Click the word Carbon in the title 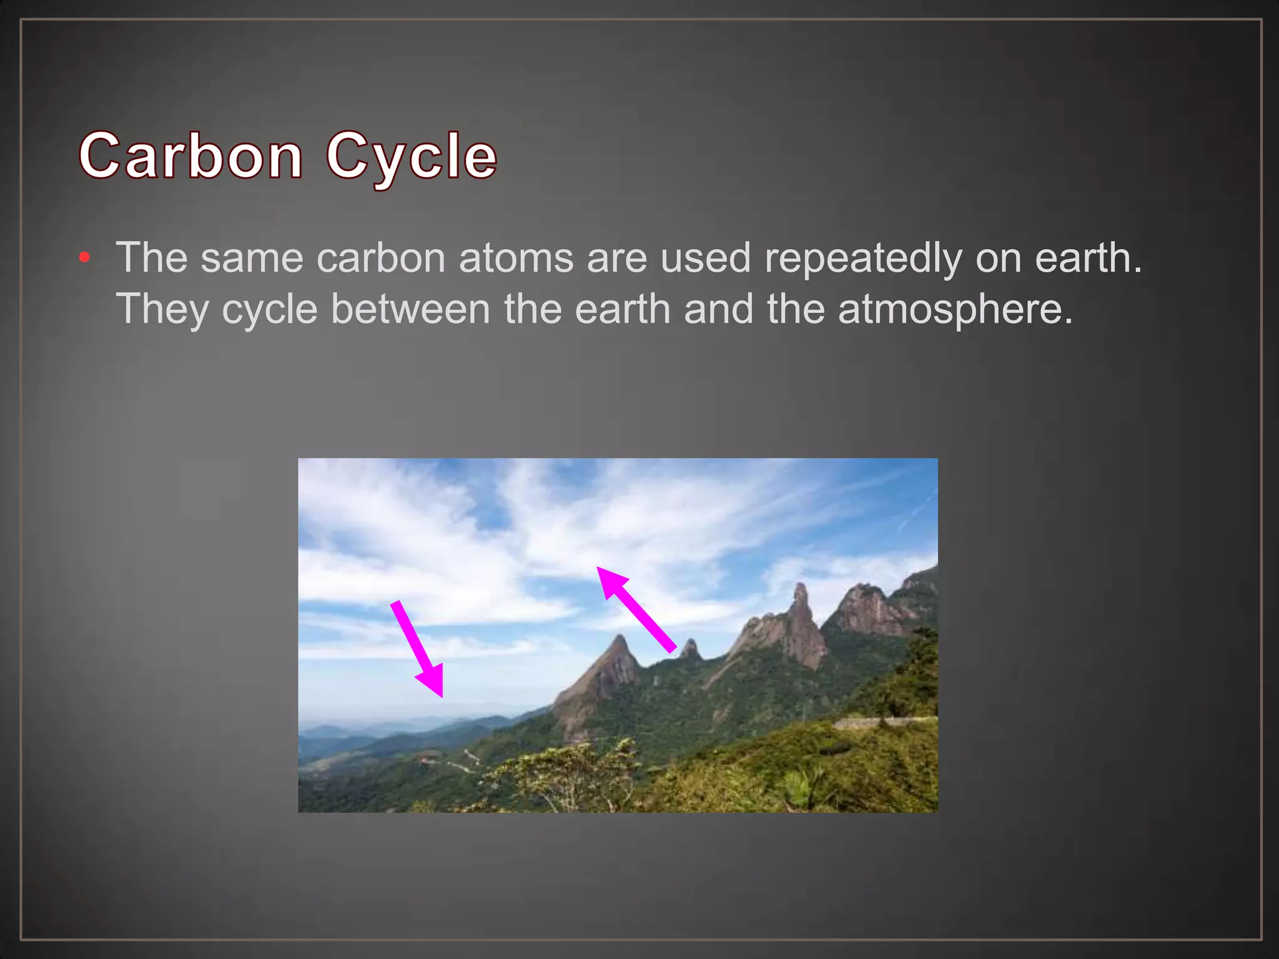(191, 155)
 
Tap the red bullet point (85, 257)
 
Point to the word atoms (516, 258)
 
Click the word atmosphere (955, 309)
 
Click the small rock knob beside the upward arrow (690, 649)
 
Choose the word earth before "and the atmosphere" (622, 309)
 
